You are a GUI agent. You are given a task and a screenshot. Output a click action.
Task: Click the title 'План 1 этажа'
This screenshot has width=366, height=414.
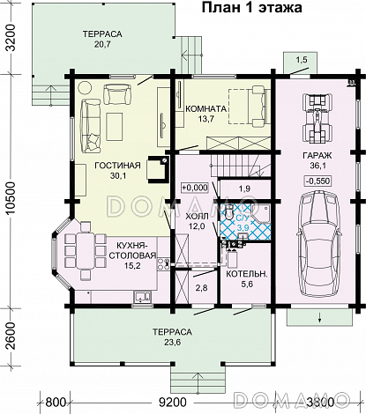pyautogui.click(x=251, y=8)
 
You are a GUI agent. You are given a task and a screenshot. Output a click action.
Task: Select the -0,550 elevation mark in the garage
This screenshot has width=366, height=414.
pyautogui.click(x=317, y=181)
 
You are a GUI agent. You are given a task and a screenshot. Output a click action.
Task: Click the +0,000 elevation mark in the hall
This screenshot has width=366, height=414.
pyautogui.click(x=195, y=188)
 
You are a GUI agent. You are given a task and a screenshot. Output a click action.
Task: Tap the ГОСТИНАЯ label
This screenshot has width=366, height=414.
pyautogui.click(x=117, y=166)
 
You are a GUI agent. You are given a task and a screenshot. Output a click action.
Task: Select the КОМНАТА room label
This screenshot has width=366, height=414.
pyautogui.click(x=205, y=108)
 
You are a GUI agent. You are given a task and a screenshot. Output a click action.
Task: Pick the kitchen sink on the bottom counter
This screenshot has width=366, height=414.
pyautogui.click(x=143, y=297)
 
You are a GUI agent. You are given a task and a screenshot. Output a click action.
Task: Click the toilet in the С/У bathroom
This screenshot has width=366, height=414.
pyautogui.click(x=228, y=211)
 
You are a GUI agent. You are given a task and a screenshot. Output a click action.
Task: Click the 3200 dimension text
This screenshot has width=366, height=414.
pyautogui.click(x=11, y=38)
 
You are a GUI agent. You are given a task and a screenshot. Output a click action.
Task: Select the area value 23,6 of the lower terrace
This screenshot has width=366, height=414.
pyautogui.click(x=172, y=342)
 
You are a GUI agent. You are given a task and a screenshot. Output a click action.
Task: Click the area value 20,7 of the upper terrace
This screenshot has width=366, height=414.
pyautogui.click(x=102, y=44)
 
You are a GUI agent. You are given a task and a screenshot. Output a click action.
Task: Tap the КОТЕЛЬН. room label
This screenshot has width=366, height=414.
pyautogui.click(x=247, y=274)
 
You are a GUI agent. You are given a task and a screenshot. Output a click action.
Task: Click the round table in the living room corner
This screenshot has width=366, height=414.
pyautogui.click(x=86, y=88)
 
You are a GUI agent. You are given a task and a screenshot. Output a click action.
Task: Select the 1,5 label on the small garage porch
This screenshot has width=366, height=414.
pyautogui.click(x=301, y=60)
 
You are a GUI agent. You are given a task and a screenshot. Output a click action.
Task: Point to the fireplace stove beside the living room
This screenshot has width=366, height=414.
pyautogui.click(x=158, y=167)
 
